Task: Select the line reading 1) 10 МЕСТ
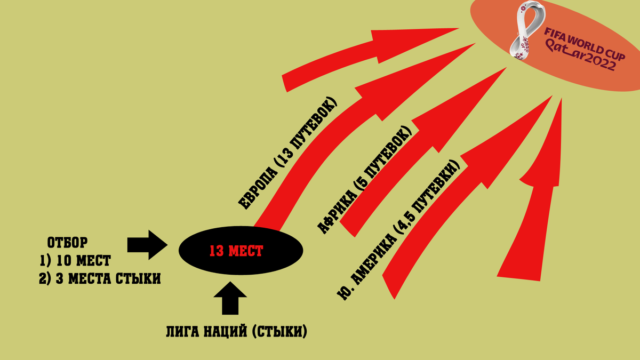pyautogui.click(x=75, y=261)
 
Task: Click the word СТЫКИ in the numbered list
pyautogui.click(x=138, y=278)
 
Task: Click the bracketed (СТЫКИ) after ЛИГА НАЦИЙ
pyautogui.click(x=277, y=331)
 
